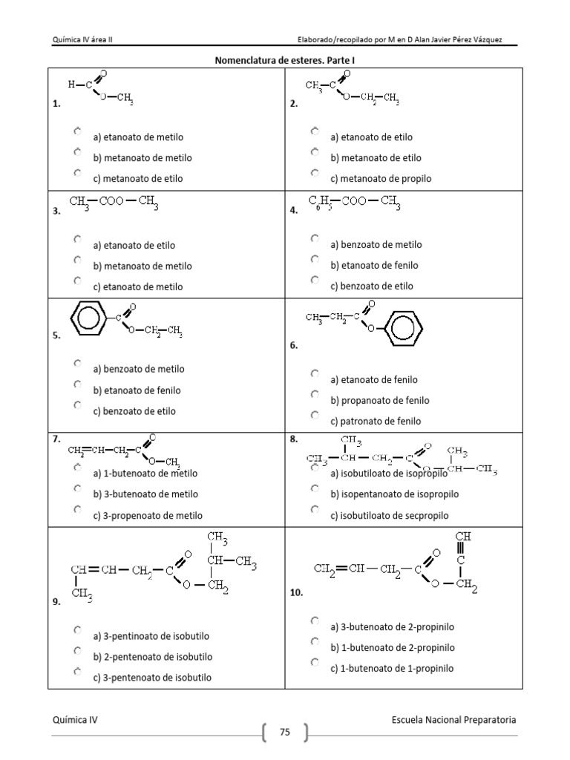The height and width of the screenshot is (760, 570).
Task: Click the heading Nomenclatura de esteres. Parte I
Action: click(285, 59)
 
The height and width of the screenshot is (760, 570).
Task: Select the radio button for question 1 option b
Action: click(78, 151)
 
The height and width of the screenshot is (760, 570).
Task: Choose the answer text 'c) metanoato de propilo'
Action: click(381, 179)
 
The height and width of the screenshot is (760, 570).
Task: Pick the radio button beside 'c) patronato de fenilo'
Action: click(315, 415)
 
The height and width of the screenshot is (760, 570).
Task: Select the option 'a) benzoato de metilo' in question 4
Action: click(376, 245)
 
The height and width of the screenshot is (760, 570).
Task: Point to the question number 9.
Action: click(56, 603)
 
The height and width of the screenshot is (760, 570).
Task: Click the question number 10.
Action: click(295, 593)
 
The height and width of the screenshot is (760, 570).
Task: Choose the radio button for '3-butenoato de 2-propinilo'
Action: click(315, 620)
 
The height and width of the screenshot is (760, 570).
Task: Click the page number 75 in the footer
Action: click(285, 733)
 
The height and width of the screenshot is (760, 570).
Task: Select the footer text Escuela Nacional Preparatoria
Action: click(453, 720)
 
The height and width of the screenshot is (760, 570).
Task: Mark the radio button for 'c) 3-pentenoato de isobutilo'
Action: click(78, 672)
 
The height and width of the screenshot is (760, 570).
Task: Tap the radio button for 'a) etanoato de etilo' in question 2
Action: click(315, 131)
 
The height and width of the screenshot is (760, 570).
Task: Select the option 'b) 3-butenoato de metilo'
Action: click(145, 494)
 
